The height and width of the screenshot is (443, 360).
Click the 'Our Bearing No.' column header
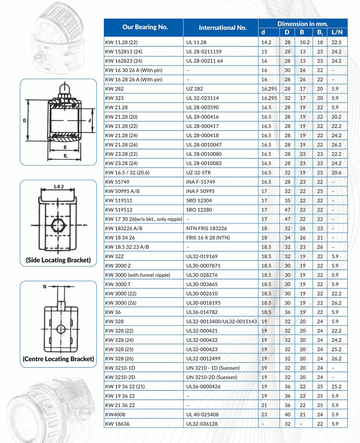tap(145, 27)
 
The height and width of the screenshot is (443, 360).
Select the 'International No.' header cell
tap(222, 28)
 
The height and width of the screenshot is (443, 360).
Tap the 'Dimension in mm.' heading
tap(302, 24)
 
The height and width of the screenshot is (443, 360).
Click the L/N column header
tap(337, 32)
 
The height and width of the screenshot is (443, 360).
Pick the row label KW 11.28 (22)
tap(121, 42)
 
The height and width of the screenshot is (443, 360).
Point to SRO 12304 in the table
tap(199, 201)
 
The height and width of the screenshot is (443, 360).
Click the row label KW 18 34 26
tap(120, 238)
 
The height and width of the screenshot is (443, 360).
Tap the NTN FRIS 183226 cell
tap(207, 228)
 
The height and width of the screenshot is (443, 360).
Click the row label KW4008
tap(114, 415)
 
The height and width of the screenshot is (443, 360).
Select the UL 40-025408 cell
tap(202, 415)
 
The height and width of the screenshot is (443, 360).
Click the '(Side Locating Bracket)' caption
tap(58, 260)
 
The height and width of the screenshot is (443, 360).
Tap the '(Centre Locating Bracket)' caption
tap(58, 358)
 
